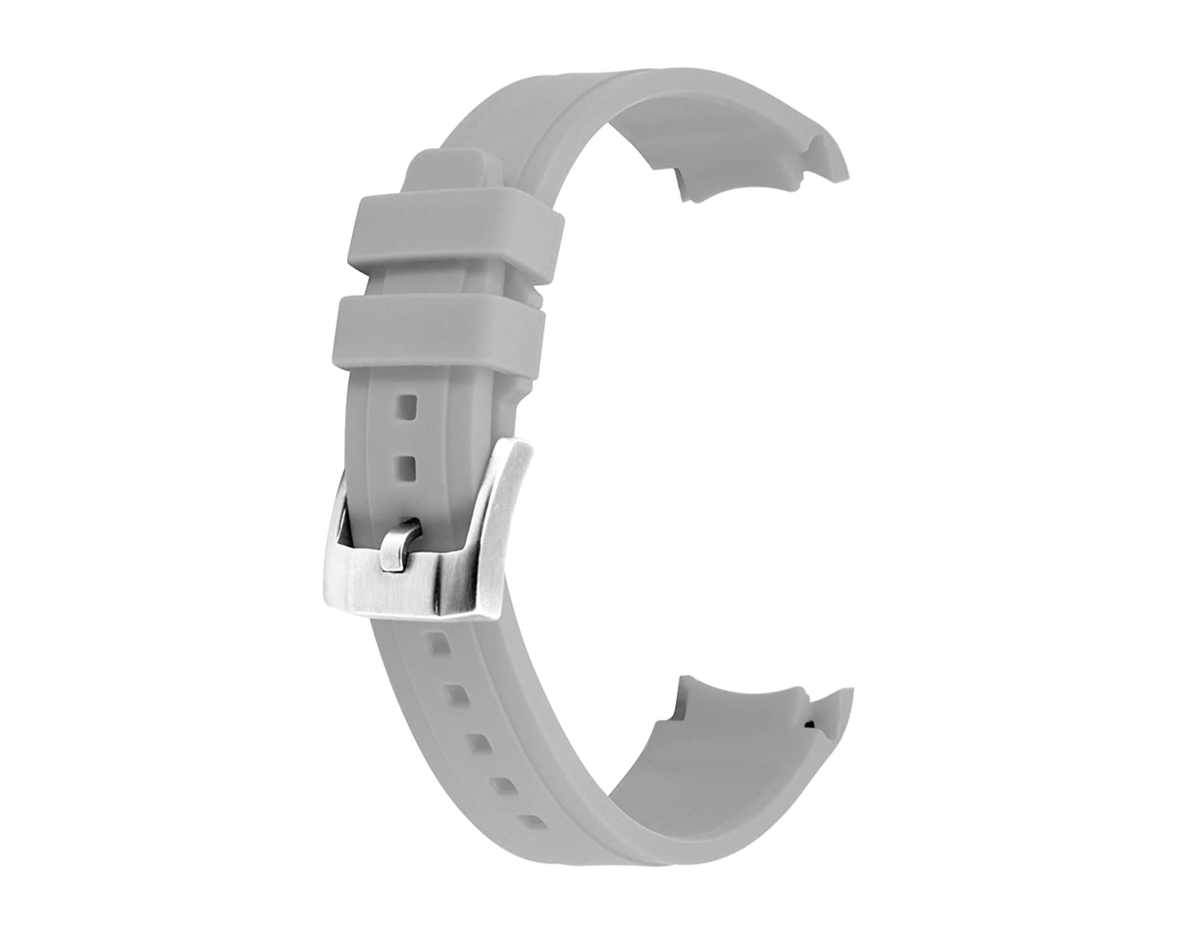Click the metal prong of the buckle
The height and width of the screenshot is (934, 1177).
pos(398,545)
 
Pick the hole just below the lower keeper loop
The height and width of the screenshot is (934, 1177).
pos(405,405)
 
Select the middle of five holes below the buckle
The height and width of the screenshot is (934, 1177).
pos(478,743)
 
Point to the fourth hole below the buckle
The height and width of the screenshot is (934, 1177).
pos(503,786)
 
